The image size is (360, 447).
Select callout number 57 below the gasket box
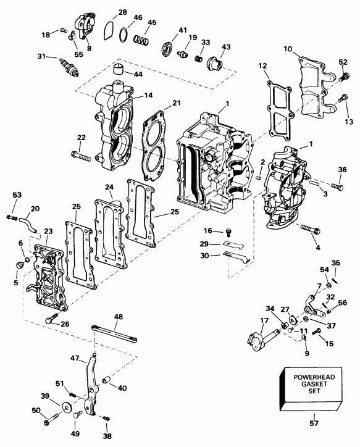pos(314,424)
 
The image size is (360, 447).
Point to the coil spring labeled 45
pos(143,41)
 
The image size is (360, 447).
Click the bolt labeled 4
pos(309,230)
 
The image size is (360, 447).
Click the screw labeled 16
pos(228,232)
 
